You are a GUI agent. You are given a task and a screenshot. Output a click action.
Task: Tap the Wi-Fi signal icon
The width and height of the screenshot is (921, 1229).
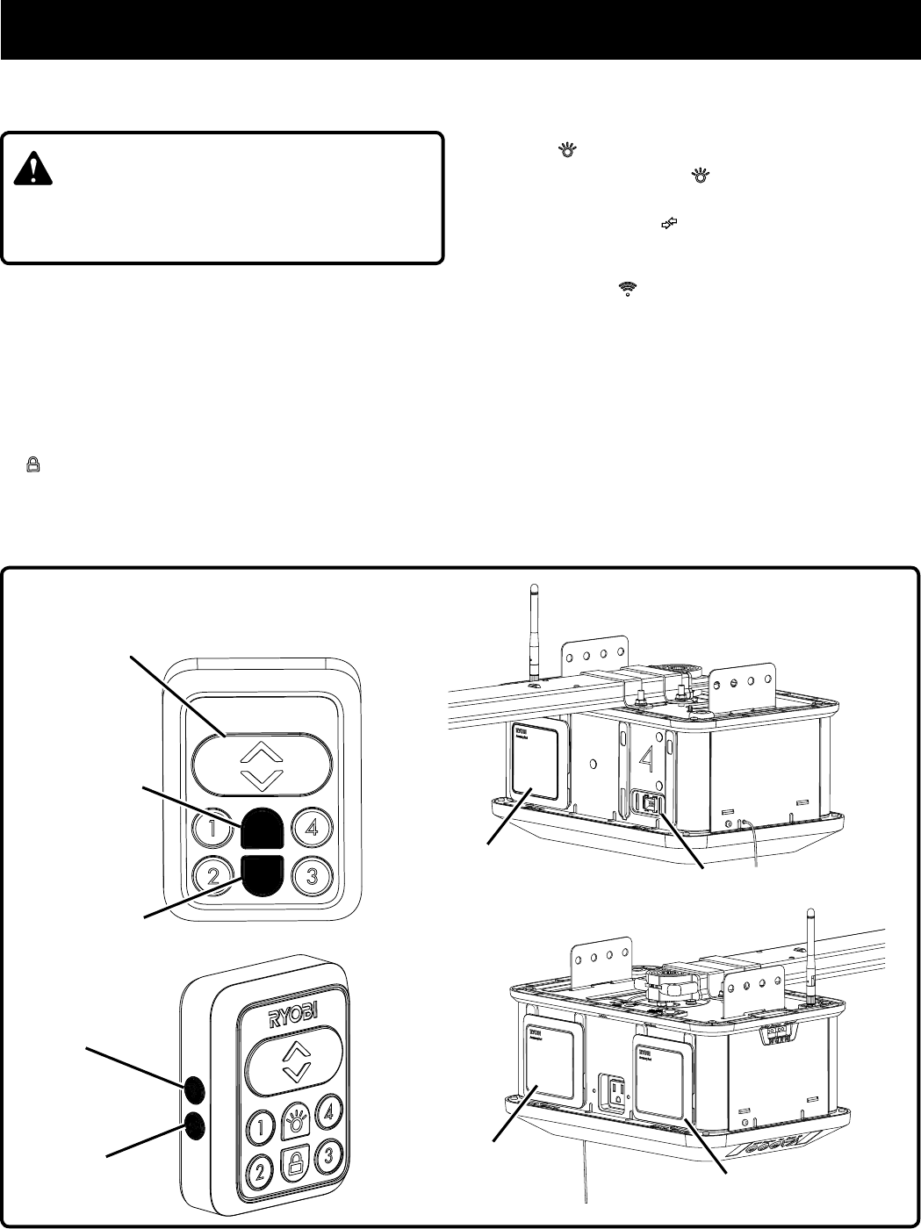click(627, 287)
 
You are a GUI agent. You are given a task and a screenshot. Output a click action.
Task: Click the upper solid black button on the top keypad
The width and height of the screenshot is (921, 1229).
click(261, 828)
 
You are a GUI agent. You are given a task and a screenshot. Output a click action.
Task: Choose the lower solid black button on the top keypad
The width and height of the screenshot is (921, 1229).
click(261, 873)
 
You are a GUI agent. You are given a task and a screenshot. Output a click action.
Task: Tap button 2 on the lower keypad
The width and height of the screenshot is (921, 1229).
click(260, 1169)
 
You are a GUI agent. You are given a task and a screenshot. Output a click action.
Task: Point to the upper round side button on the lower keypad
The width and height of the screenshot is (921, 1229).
click(194, 1089)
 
